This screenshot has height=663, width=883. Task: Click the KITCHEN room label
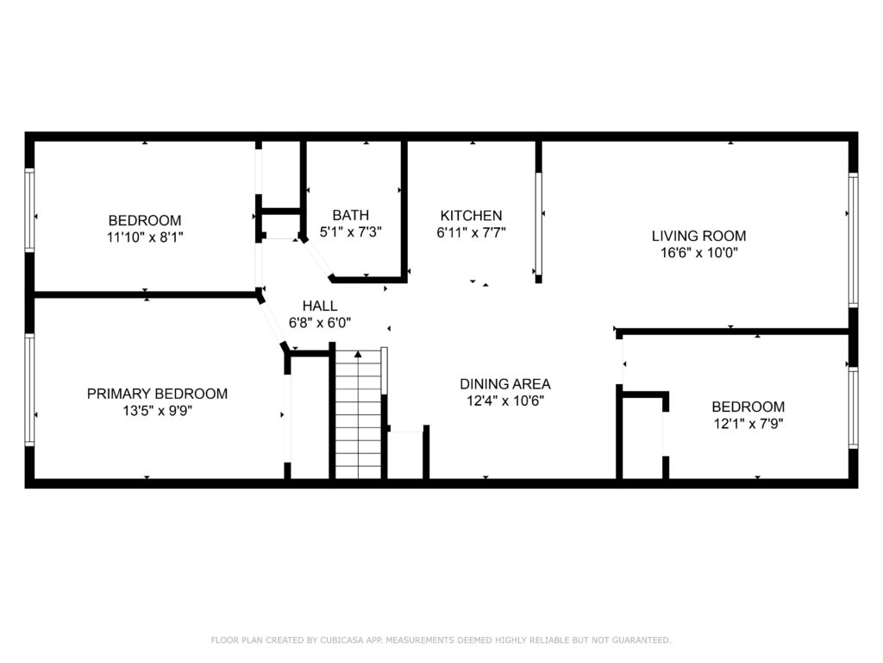tap(471, 215)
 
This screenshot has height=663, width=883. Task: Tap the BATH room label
tap(350, 215)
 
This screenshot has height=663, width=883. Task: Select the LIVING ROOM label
tap(698, 236)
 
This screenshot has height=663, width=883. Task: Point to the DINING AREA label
tap(505, 384)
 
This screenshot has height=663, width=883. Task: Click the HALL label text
tap(320, 306)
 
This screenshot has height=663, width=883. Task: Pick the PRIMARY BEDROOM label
tap(157, 394)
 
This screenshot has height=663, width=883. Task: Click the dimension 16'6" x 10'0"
tap(698, 253)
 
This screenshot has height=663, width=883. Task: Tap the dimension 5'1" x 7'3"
tap(350, 231)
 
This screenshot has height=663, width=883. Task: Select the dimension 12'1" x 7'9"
tap(748, 423)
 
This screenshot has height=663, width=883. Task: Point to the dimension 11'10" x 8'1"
tap(145, 237)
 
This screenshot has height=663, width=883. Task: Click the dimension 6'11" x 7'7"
tap(471, 232)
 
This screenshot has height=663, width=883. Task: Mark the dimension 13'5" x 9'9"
tap(157, 410)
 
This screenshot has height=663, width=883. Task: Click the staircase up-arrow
tap(358, 354)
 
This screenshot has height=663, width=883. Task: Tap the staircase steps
tap(358, 414)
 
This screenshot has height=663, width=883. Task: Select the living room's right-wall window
tap(853, 240)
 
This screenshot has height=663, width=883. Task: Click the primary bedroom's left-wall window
tap(29, 389)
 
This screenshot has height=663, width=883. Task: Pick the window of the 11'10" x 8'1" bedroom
tap(29, 210)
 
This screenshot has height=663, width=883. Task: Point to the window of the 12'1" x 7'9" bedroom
tap(853, 407)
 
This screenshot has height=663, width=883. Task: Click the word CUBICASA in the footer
tap(342, 640)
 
